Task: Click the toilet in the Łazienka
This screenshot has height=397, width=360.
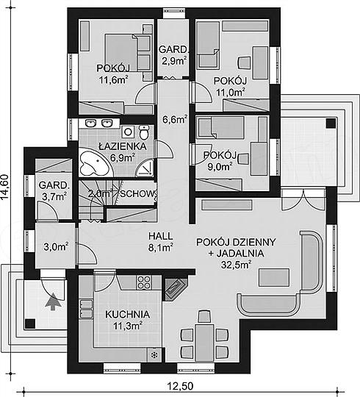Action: [144, 132]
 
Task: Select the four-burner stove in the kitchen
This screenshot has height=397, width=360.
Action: [144, 282]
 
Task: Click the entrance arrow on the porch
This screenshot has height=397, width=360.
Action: [53, 301]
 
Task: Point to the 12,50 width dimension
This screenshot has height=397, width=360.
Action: [180, 386]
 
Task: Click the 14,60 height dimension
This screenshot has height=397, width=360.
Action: [5, 187]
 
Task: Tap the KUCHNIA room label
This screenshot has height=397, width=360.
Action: [128, 315]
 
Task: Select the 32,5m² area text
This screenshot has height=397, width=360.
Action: [236, 265]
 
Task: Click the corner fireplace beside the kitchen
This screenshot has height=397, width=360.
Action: [175, 289]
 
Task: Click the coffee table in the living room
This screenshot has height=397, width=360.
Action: [274, 277]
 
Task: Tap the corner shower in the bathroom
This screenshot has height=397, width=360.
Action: [145, 168]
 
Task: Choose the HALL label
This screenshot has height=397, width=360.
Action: [161, 236]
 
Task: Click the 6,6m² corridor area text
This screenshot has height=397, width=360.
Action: [175, 119]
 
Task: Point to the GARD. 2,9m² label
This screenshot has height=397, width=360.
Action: [174, 55]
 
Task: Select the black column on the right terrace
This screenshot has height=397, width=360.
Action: [331, 124]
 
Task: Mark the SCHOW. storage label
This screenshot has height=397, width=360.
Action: [137, 194]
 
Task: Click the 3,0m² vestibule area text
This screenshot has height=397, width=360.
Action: [56, 246]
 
